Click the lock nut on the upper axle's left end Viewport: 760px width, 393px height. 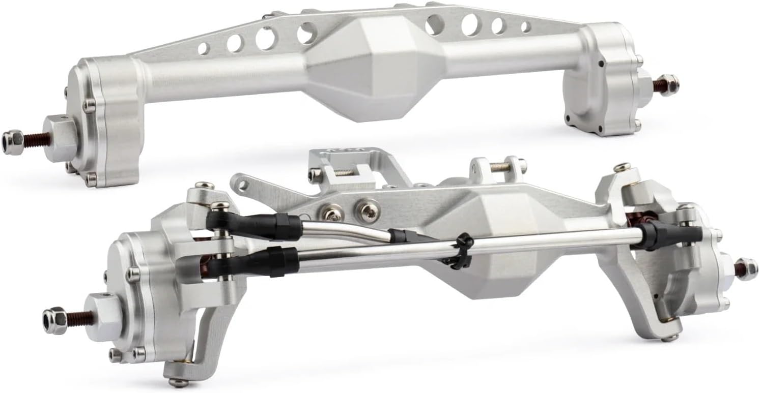pos(10,137)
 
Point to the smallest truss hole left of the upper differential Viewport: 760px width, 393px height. pos(203,49)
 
